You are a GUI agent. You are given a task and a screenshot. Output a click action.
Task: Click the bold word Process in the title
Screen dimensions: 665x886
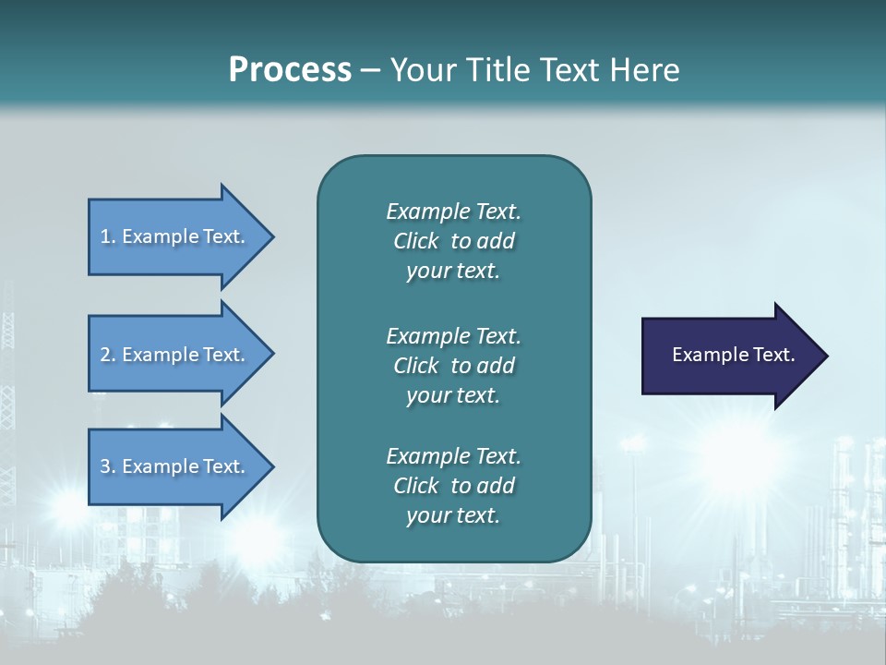tap(290, 70)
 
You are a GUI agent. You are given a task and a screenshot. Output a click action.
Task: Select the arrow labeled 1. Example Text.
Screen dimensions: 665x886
tap(175, 236)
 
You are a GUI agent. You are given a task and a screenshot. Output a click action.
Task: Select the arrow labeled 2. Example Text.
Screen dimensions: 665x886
tap(175, 355)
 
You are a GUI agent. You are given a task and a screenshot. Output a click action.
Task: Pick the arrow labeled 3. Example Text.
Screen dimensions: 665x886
tap(175, 466)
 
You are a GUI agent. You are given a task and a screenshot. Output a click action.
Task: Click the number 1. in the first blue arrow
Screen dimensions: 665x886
tap(108, 236)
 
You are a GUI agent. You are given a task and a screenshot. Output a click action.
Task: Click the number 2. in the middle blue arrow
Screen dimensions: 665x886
tap(108, 355)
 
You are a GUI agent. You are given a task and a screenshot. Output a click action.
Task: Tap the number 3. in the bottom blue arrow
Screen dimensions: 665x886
tap(108, 466)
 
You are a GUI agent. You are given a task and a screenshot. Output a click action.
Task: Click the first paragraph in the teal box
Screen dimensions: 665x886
tap(453, 241)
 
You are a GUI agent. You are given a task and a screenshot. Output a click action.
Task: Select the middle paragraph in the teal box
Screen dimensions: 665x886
tap(453, 365)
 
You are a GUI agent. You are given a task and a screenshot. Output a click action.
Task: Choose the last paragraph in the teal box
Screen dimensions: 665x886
tap(453, 486)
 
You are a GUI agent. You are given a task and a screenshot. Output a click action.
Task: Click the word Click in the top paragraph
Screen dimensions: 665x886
tap(415, 241)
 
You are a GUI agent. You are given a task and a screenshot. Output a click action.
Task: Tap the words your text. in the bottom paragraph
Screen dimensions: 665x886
tap(453, 516)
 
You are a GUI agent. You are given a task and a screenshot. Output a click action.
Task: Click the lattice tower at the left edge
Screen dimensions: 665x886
tap(8, 388)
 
